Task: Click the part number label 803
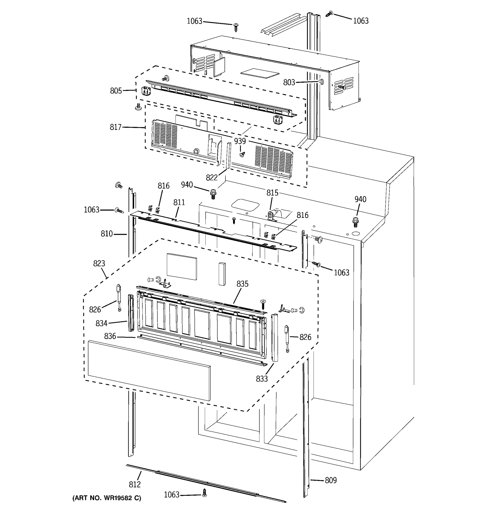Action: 289,83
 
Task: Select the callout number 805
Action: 116,91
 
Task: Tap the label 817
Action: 115,127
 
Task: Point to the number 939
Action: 240,141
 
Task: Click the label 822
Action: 212,177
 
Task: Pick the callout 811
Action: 179,203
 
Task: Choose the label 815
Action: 272,193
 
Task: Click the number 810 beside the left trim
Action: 107,234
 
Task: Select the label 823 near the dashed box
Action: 99,263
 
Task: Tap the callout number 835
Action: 242,284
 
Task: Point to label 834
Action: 101,323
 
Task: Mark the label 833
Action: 262,379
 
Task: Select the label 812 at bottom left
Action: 135,484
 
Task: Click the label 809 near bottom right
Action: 331,480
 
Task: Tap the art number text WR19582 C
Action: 106,498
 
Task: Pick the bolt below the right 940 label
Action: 355,222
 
